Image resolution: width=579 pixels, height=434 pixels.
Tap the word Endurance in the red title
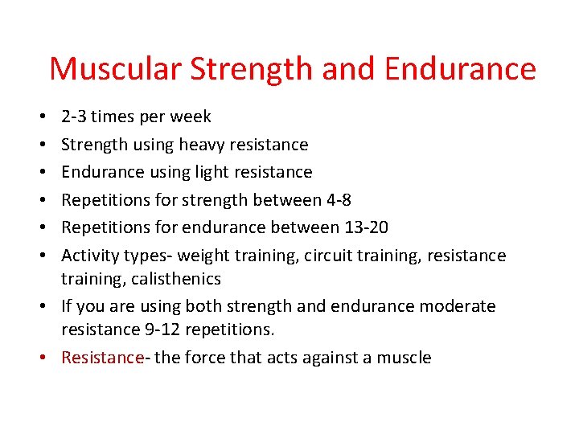pyautogui.click(x=460, y=69)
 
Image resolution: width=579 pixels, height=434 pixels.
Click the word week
pyautogui.click(x=191, y=117)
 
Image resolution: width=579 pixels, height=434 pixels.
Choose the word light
pyautogui.click(x=210, y=172)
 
